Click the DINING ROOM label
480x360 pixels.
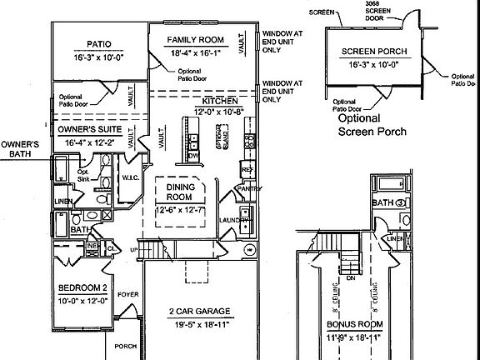pos(182,194)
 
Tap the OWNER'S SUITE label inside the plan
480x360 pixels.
pos(91,130)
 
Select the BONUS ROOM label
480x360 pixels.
pos(353,324)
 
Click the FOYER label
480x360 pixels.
pos(127,294)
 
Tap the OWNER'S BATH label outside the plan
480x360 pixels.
pos(18,149)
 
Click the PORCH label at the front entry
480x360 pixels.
pos(126,346)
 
